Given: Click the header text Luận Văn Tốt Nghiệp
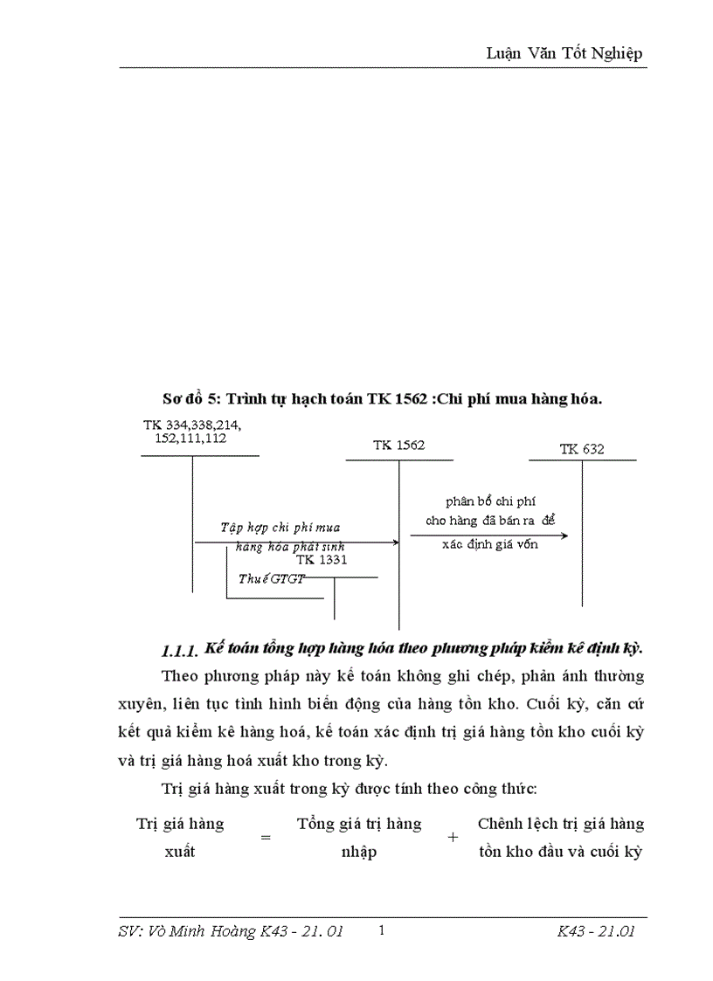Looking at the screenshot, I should pyautogui.click(x=564, y=53).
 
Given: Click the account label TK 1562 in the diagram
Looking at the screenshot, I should pyautogui.click(x=398, y=445).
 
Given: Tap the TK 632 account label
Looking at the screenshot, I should pyautogui.click(x=582, y=449).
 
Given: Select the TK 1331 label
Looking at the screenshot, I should pyautogui.click(x=322, y=560).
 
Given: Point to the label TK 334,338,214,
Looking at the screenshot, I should pyautogui.click(x=192, y=425).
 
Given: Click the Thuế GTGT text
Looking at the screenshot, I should pyautogui.click(x=268, y=578).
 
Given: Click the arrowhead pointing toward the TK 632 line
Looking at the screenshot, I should pyautogui.click(x=564, y=535).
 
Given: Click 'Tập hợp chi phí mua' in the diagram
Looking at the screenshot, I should pyautogui.click(x=280, y=528).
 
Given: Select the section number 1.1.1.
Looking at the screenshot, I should pyautogui.click(x=181, y=651).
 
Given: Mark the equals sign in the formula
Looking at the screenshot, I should pyautogui.click(x=266, y=837).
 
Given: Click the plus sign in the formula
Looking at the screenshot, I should pyautogui.click(x=453, y=837).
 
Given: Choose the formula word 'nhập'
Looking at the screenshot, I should pyautogui.click(x=359, y=852).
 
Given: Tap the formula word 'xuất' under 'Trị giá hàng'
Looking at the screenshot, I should pyautogui.click(x=179, y=852).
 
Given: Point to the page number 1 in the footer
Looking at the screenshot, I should pyautogui.click(x=383, y=931).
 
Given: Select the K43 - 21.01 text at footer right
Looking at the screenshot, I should pyautogui.click(x=595, y=932).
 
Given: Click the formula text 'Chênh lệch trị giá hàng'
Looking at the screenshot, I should pyautogui.click(x=561, y=824).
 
